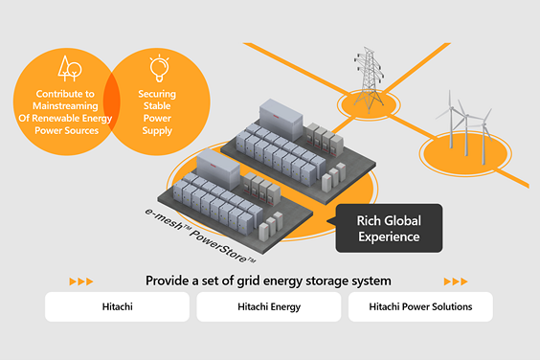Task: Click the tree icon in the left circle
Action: [70, 69]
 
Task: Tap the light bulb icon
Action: [159, 68]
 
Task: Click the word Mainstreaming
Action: [65, 105]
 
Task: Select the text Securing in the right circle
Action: [157, 94]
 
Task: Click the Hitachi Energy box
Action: [269, 306]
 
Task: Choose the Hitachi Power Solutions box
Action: [420, 306]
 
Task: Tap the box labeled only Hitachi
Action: [117, 306]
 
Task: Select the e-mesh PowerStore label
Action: [200, 236]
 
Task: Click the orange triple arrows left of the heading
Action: [81, 281]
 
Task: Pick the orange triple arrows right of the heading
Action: [456, 281]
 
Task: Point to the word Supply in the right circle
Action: [157, 130]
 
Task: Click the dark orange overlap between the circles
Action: [112, 102]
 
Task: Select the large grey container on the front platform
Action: [218, 169]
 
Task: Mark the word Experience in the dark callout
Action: [389, 237]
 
